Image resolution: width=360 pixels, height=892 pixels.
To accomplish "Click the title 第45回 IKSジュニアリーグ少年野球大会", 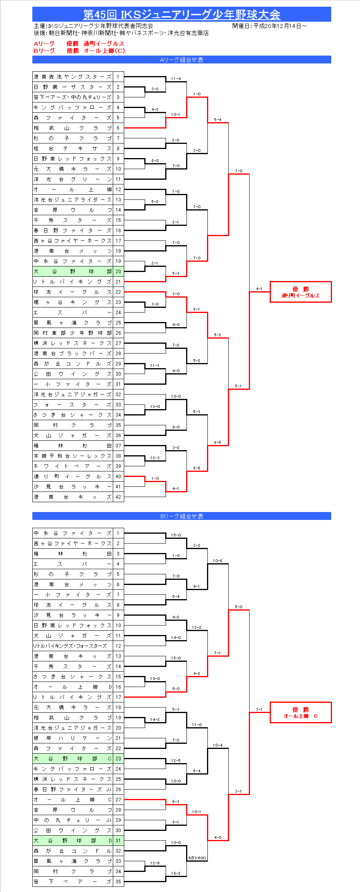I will pyautogui.click(x=181, y=15).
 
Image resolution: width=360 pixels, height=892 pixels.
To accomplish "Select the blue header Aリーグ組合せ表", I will pyautogui.click(x=181, y=60).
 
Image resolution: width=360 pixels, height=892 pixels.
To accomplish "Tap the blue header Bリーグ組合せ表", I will pyautogui.click(x=181, y=516).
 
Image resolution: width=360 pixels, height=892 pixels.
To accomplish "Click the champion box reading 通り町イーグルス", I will pyautogui.click(x=300, y=292).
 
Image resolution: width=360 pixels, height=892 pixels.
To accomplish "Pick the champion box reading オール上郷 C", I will pyautogui.click(x=300, y=713).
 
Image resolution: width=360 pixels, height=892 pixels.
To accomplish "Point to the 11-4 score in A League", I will pyautogui.click(x=176, y=79).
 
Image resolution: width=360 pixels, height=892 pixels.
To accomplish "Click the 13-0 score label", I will pyautogui.click(x=155, y=406).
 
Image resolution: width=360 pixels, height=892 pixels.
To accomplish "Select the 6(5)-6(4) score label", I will pyautogui.click(x=197, y=858).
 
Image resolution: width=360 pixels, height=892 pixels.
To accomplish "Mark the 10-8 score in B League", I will pyautogui.click(x=218, y=561).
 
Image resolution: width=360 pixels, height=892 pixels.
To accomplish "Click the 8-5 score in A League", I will pyautogui.click(x=218, y=442).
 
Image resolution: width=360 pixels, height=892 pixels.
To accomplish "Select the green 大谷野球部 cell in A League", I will pyautogui.click(x=73, y=272).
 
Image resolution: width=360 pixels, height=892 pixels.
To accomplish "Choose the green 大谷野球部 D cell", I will pyautogui.click(x=73, y=841).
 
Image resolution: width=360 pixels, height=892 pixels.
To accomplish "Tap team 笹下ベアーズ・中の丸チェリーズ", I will pyautogui.click(x=73, y=97).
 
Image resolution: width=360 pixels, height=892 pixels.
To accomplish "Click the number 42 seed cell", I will pyautogui.click(x=118, y=497).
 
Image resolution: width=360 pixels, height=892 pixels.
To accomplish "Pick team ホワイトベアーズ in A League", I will pyautogui.click(x=73, y=466).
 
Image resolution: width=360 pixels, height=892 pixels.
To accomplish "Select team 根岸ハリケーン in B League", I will pyautogui.click(x=73, y=738).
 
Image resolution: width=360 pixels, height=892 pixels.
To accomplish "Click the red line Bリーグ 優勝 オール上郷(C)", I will pyautogui.click(x=79, y=50).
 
